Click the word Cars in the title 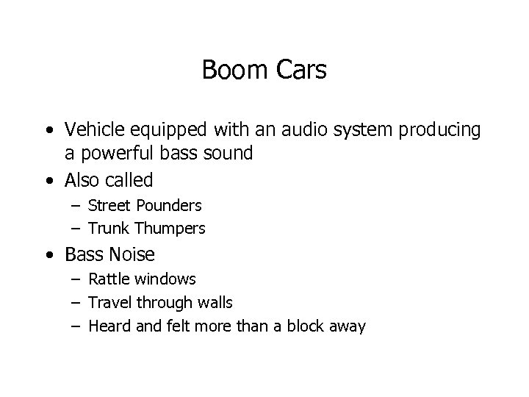(x=301, y=71)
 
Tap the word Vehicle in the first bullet (x=92, y=130)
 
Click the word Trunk (x=107, y=229)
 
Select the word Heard (x=108, y=326)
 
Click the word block (x=304, y=326)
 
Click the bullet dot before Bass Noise (x=48, y=255)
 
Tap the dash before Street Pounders (x=76, y=206)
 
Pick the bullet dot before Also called (x=48, y=179)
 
